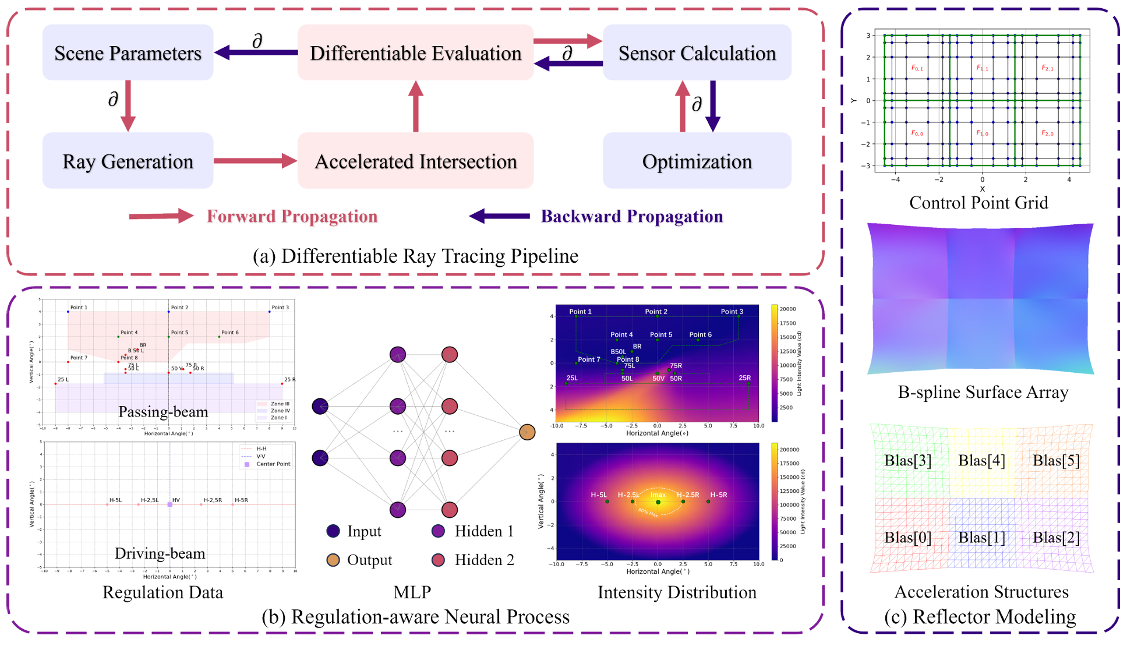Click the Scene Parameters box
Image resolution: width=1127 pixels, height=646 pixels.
click(128, 52)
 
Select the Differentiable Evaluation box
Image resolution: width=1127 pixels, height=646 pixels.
click(415, 52)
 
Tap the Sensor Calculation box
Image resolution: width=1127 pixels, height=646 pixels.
click(697, 52)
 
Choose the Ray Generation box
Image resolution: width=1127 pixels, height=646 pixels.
click(128, 161)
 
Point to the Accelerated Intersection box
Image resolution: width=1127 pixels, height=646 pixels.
click(415, 161)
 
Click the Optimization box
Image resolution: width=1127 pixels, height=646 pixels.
click(697, 161)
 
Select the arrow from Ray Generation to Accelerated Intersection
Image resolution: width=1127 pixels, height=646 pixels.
click(255, 161)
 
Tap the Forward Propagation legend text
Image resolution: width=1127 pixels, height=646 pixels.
click(292, 216)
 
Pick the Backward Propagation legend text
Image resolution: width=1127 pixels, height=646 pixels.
click(631, 216)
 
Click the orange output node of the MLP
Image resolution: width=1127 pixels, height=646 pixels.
click(527, 432)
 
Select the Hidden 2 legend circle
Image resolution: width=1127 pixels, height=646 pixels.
click(438, 560)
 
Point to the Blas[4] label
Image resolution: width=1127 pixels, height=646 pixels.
click(981, 461)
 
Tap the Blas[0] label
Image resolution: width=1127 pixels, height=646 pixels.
click(907, 537)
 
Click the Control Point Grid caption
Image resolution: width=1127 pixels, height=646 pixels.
click(978, 203)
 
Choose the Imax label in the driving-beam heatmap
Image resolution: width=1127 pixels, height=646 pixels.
click(658, 495)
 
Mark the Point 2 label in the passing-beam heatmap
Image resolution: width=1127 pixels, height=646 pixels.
click(656, 312)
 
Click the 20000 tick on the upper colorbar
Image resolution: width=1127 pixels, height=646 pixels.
click(787, 309)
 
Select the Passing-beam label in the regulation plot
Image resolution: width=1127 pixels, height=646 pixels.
click(163, 412)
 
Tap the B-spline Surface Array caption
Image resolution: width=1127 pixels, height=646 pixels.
click(983, 392)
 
